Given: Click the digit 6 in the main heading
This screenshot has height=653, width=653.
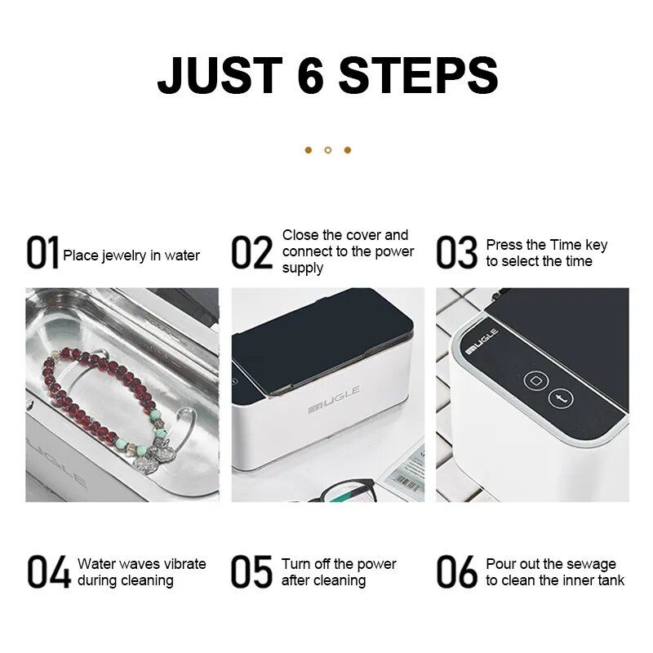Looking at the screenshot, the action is tap(311, 75).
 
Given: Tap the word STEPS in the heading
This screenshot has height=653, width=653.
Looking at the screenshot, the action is tap(418, 75).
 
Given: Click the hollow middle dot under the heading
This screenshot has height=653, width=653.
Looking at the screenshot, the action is tap(328, 150).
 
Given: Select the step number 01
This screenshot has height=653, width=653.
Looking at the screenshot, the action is tap(42, 252).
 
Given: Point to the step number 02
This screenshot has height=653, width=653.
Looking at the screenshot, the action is tap(251, 252).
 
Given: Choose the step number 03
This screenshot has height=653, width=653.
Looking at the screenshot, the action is tap(456, 252).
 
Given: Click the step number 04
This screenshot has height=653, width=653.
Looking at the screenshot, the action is tap(49, 572).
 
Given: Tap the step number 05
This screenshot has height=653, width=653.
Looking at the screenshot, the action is tap(251, 572).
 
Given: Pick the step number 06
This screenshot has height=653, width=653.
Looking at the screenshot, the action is tap(457, 572).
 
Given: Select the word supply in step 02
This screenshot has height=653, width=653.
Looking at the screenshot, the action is tap(302, 269).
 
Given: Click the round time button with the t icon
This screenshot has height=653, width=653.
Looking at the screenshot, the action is tap(561, 399).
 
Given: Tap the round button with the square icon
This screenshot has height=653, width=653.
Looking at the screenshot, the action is tap(535, 380).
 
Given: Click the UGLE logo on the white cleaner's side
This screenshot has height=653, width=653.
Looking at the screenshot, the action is tap(334, 400).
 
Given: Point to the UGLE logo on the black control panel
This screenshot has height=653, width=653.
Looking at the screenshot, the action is tap(482, 341).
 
